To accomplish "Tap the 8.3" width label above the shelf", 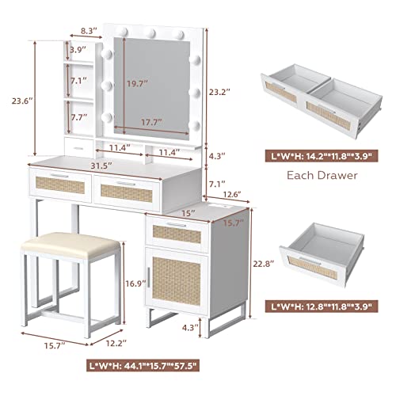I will pyautogui.click(x=89, y=32).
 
